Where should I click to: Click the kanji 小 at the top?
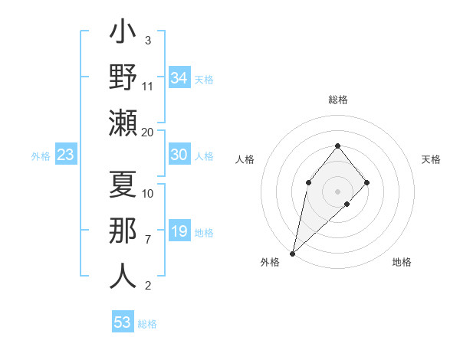point(123,34)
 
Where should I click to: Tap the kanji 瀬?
point(123,122)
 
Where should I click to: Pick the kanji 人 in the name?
point(123,275)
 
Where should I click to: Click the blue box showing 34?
point(179,78)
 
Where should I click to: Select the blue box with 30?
point(179,155)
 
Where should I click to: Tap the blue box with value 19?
point(179,231)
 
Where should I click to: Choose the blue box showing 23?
point(65,155)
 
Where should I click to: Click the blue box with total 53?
point(123,322)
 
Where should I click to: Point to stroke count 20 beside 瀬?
point(148,132)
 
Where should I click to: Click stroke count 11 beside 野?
point(148,86)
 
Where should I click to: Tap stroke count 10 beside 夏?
point(148,193)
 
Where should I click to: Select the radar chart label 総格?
point(337,100)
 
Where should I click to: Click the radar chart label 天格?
point(432,159)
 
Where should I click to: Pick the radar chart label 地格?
point(402,262)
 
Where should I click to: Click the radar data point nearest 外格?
point(292,253)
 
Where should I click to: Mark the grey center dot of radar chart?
point(337,191)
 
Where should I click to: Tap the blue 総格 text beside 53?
point(147,323)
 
